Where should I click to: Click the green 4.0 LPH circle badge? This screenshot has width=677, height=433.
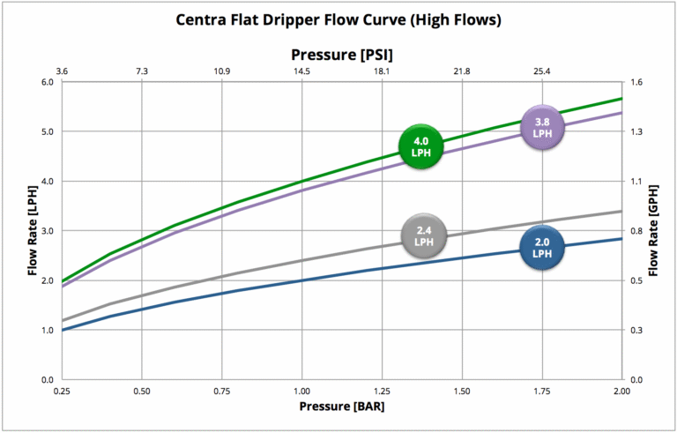[420, 146]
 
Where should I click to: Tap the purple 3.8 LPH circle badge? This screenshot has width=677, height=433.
[543, 127]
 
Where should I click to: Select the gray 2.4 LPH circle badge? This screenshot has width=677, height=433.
[424, 235]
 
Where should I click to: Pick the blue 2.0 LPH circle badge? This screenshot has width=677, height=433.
[542, 247]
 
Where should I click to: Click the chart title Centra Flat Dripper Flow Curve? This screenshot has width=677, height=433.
[339, 19]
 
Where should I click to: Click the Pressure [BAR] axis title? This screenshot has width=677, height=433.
[341, 407]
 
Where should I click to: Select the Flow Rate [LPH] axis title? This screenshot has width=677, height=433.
[33, 231]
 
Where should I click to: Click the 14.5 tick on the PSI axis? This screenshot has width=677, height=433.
[301, 71]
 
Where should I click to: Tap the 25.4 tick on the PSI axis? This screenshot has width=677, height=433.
[542, 71]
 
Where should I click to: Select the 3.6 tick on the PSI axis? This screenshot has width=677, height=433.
[62, 71]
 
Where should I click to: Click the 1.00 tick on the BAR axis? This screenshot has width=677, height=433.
[301, 390]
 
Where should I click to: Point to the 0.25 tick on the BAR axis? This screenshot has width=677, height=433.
[62, 390]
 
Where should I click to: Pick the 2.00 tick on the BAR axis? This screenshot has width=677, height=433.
[621, 390]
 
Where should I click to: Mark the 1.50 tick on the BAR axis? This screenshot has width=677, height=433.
[462, 390]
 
